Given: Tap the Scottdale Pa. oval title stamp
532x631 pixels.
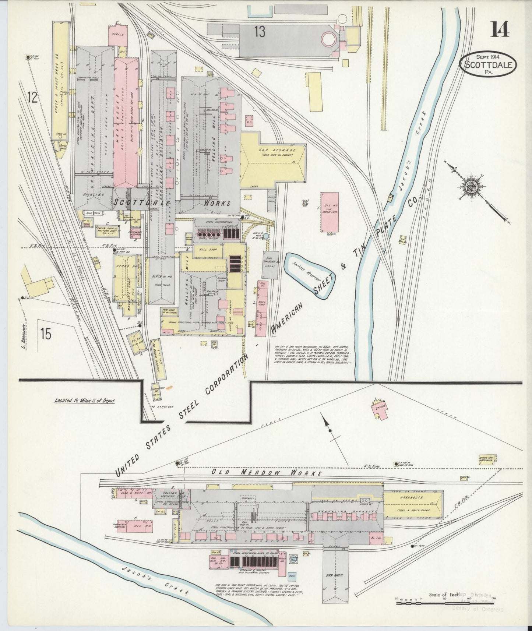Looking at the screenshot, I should point(488,65).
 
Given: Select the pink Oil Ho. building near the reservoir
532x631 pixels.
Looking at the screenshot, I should point(330,212).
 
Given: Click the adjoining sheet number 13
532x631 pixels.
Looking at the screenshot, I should point(259,32).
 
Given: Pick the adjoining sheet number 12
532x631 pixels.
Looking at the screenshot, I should point(33,98).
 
